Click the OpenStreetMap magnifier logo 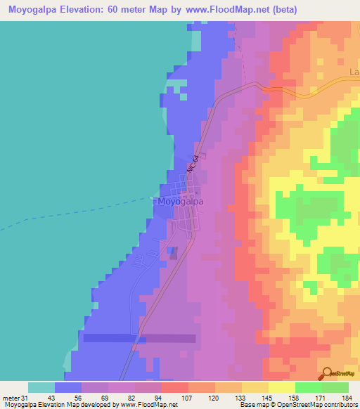tap(327, 374)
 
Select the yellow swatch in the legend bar tap(281, 387)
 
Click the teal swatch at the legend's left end tap(41, 387)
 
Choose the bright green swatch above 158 tap(308, 387)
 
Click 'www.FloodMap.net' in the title tap(224, 10)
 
